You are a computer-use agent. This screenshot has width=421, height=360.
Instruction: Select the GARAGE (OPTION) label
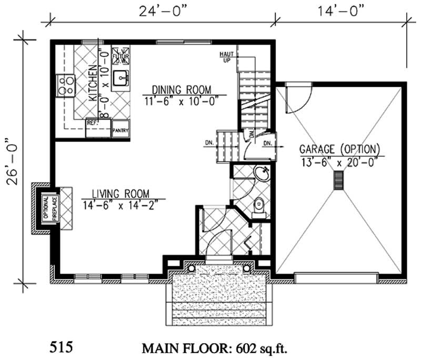pos(339,148)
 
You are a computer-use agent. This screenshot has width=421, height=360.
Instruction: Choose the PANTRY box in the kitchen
pos(121,131)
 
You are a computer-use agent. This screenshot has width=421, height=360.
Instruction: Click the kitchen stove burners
pos(65,86)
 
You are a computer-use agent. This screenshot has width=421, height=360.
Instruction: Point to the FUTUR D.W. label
pos(118,53)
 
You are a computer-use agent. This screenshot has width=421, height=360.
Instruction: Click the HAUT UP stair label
pos(227,56)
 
